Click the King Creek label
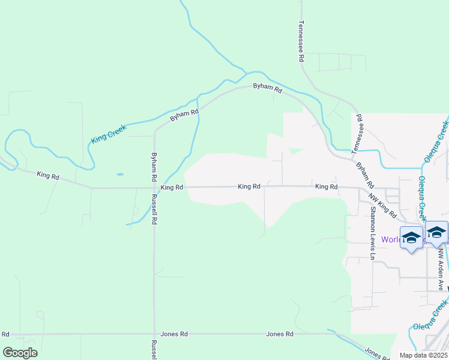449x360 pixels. pos(109,134)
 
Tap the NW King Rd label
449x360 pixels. pos(382,205)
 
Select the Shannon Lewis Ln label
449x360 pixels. pos(373,233)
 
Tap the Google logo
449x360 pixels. pos(20,352)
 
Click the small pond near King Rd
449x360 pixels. pos(120,175)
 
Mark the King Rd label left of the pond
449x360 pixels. pos(48,176)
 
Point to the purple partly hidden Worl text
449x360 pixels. pos(391,239)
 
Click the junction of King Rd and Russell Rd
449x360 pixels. pos(154,188)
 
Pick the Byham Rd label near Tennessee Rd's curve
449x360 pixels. pos(267,88)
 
